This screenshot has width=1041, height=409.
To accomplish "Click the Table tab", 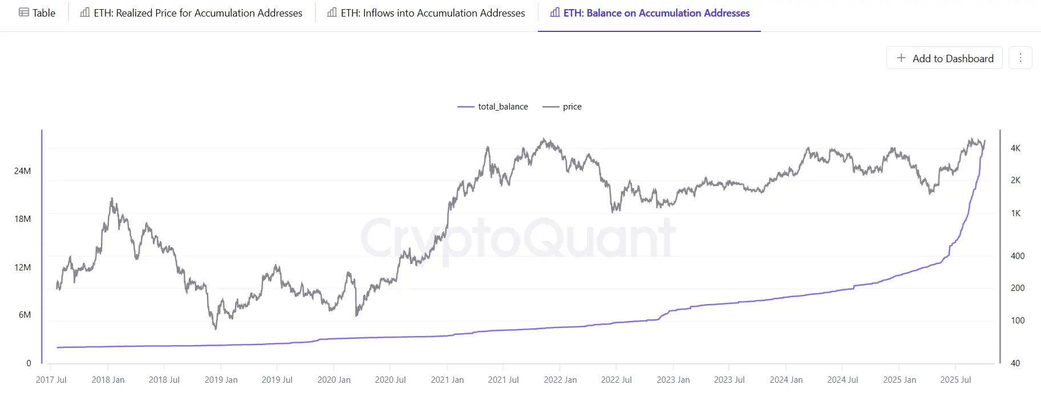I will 37,13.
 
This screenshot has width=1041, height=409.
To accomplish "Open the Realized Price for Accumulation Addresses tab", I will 191,13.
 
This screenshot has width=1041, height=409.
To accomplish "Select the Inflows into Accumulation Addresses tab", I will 426,13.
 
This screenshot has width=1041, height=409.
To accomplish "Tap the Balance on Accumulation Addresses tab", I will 650,13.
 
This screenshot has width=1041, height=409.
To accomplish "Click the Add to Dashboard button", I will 945,58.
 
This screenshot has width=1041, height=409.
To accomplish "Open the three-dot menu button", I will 1020,58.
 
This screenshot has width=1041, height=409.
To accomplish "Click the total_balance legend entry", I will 493,107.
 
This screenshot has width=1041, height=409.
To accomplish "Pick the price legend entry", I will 562,107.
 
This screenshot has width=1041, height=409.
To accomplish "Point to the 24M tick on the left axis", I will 23,171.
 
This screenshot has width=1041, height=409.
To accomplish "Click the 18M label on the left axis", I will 23,219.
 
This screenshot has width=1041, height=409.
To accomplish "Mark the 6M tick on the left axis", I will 25,315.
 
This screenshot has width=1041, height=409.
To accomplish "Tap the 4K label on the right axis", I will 1015,148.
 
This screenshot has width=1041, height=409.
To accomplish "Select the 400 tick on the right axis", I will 1018,256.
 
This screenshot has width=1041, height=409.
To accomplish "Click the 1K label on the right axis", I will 1015,213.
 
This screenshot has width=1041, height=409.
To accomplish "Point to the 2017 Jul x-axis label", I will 51,380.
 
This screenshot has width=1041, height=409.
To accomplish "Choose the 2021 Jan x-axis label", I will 447,380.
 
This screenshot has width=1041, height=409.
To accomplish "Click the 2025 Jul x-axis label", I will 955,380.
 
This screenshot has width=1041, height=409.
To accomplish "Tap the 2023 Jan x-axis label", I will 673,380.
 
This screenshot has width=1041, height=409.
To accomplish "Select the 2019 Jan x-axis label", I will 221,380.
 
